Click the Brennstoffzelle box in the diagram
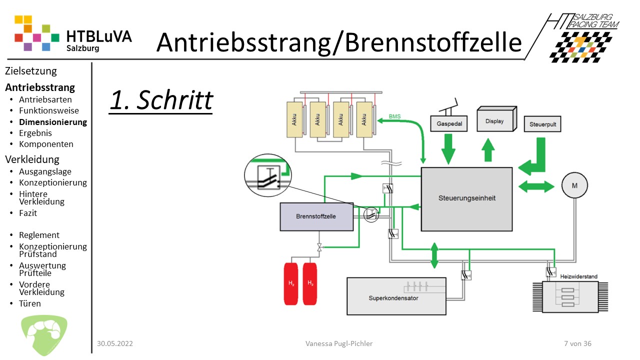click(x=316, y=216)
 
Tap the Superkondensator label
click(x=393, y=298)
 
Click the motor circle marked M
click(x=574, y=186)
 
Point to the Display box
click(x=496, y=121)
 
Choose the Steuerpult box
click(x=542, y=124)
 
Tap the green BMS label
click(x=394, y=117)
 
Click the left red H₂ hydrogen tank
click(x=292, y=283)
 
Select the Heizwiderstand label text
click(x=579, y=276)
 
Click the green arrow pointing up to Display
click(x=488, y=149)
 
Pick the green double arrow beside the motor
click(x=536, y=186)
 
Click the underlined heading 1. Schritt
click(x=161, y=100)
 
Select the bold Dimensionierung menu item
click(x=53, y=122)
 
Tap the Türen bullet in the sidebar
click(x=30, y=303)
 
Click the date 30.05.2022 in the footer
click(x=115, y=343)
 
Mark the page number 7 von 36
click(x=577, y=343)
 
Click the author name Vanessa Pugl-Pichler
click(x=339, y=343)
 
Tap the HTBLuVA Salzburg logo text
click(x=98, y=40)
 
